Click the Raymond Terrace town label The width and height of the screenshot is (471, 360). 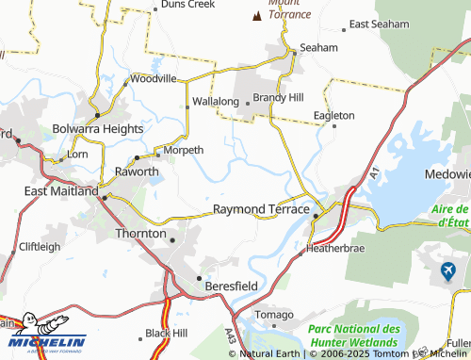(261, 208)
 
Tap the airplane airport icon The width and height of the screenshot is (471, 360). (448, 272)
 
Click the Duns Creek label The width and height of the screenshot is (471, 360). (188, 5)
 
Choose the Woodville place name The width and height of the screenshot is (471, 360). (154, 79)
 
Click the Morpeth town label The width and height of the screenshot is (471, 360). (184, 150)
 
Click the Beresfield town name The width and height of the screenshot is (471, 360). (232, 283)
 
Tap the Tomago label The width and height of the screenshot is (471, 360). (275, 314)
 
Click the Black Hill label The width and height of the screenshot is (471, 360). (167, 334)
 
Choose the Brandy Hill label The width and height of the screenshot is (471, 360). (279, 97)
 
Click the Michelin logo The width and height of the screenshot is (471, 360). (43, 336)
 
